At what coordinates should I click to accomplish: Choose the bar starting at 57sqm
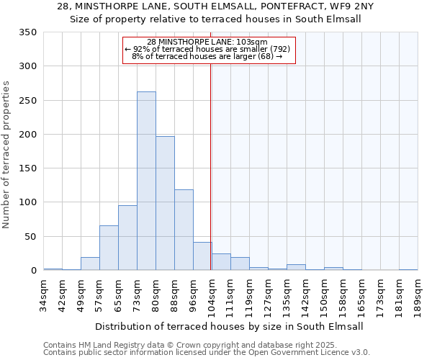pyautogui.click(x=109, y=248)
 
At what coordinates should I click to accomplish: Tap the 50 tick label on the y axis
pyautogui.click(x=30, y=236)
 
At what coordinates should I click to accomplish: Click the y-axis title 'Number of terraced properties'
pyautogui.click(x=6, y=154)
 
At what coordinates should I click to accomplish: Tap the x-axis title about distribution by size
pyautogui.click(x=229, y=326)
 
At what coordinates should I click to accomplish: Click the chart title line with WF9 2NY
pyautogui.click(x=215, y=6)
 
